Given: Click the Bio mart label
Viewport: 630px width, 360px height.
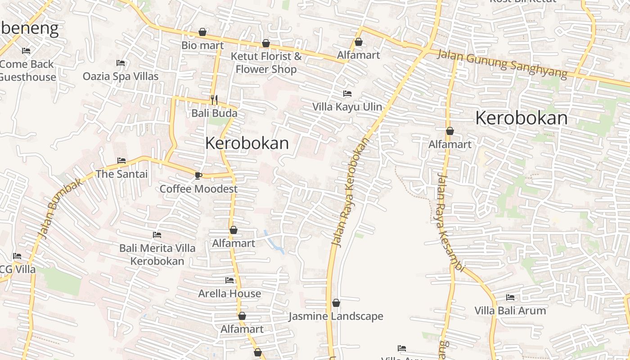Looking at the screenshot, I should [202, 45].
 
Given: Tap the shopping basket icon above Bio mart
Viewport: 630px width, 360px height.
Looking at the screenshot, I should [202, 32].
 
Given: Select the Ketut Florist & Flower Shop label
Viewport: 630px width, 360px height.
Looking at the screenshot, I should [266, 63].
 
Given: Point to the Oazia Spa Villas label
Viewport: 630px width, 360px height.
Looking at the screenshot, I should [121, 76].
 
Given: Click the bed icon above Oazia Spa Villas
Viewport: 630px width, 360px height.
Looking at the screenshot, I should [121, 63].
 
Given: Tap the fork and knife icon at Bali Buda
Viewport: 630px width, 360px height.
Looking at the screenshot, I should [214, 99].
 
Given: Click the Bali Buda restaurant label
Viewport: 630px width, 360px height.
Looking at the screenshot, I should [214, 112].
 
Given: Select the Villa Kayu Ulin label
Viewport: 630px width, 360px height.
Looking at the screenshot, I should [347, 107].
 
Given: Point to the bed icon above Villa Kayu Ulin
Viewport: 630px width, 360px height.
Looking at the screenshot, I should [347, 94].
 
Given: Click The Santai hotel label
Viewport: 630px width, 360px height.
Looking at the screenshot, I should [121, 174].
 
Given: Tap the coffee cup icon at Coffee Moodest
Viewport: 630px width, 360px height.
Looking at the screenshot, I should [198, 175].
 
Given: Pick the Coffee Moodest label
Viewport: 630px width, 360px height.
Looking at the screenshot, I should [198, 189].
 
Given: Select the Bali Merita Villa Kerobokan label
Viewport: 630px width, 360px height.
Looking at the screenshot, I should [157, 254].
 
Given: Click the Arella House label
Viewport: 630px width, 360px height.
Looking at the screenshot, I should [229, 293].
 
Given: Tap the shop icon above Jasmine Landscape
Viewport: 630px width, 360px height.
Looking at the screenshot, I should [336, 303].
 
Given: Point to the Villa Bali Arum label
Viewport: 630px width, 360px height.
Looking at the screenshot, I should [510, 310].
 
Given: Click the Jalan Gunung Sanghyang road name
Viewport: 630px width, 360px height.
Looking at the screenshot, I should [502, 63].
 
